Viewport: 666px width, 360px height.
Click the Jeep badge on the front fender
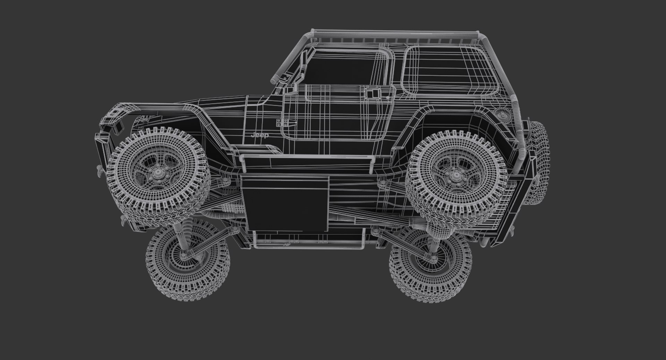[259, 135]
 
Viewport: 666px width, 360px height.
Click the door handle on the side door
[373, 93]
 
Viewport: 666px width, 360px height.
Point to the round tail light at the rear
[503, 114]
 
